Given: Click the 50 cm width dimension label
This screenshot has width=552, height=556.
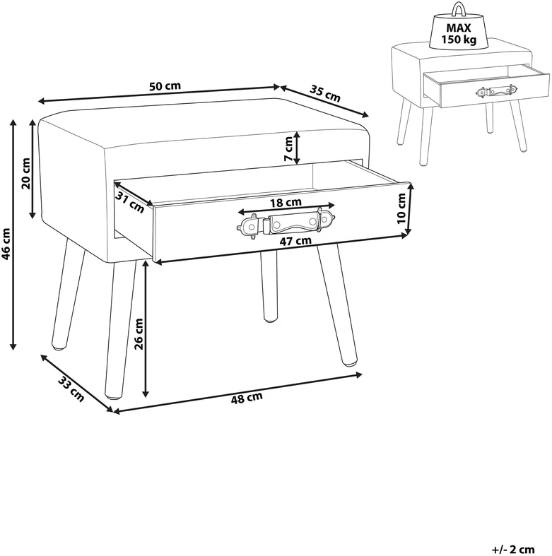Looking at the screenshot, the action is coord(165,86).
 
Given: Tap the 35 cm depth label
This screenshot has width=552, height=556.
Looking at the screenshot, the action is coord(325,93).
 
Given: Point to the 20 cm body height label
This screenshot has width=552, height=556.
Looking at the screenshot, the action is coord(26,173).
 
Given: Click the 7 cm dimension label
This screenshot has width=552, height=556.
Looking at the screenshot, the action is coord(289,149).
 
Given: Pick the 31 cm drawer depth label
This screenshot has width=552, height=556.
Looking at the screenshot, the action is coord(130,203).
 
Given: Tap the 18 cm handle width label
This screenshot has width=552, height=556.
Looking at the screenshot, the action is coord(286,203).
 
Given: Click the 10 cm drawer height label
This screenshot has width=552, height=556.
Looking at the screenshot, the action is coord(401,208).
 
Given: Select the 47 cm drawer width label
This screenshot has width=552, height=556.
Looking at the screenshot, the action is coord(295,241).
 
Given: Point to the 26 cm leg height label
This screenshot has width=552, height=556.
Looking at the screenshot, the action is coord(139,334).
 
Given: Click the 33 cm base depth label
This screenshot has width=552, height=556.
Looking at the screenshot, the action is coord(71,389).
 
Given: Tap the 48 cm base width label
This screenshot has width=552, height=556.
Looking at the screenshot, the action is coord(247,398).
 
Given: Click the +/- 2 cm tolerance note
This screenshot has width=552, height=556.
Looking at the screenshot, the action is coord(512,550).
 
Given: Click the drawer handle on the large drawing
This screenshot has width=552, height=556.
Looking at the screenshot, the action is coord(286,225).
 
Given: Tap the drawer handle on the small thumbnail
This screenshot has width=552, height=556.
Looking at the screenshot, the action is coord(495,92).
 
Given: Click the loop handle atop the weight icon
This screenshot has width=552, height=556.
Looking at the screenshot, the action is coord(458,9).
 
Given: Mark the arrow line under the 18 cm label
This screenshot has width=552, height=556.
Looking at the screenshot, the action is coord(286,209).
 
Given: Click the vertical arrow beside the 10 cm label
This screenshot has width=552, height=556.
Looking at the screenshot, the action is coord(410,209).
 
